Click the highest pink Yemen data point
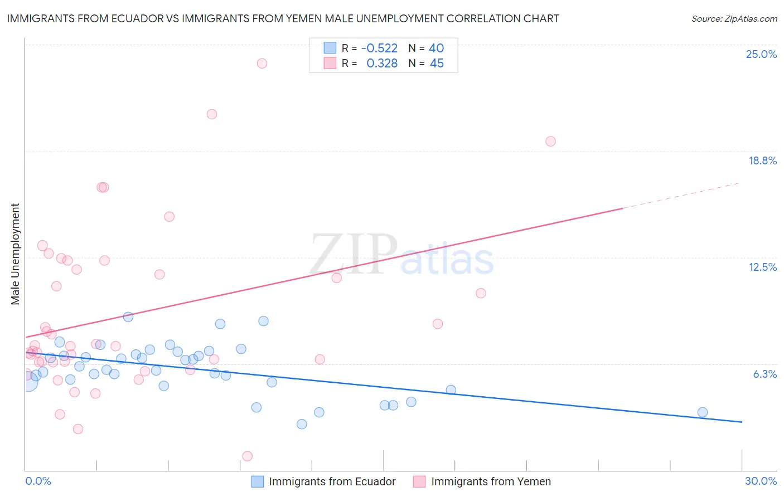(262, 64)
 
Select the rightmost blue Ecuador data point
(703, 412)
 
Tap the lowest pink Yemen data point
(248, 456)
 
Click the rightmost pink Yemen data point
(550, 142)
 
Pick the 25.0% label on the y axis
(761, 54)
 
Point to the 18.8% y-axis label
(762, 160)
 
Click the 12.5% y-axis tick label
(762, 267)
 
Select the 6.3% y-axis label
(764, 374)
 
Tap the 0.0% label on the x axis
(38, 481)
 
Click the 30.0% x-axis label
(761, 481)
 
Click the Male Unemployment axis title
(15, 254)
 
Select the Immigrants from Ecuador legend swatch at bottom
(257, 481)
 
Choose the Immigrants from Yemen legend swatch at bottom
(419, 481)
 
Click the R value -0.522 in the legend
(379, 48)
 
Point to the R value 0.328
(382, 64)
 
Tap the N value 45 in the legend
(437, 64)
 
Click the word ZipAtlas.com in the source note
(751, 19)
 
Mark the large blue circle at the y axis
(27, 381)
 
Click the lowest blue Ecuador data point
(302, 424)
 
